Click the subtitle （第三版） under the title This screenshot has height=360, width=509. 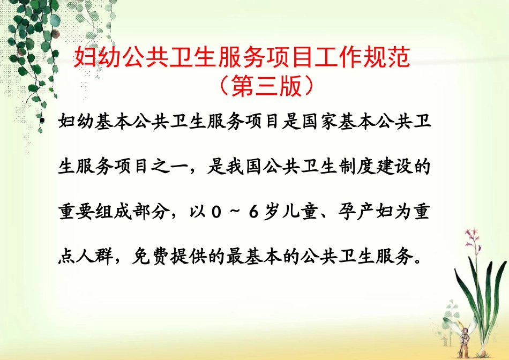click(x=266, y=86)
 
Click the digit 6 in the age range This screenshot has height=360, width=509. click(x=253, y=213)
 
